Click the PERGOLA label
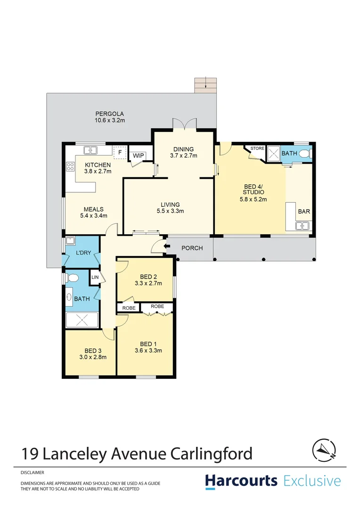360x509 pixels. [x=109, y=114]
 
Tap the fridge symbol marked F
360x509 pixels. [x=120, y=152]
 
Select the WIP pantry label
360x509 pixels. [x=138, y=156]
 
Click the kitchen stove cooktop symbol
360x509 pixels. [x=71, y=166]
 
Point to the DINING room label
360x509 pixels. [x=183, y=149]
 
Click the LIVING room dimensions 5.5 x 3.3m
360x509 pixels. [x=170, y=211]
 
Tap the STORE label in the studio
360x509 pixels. [x=257, y=148]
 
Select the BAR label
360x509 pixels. [x=304, y=212]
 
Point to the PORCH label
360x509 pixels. [x=192, y=248]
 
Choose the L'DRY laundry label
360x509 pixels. [x=83, y=253]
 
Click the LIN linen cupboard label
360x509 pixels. [x=94, y=277]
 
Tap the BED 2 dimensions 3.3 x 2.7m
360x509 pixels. [x=148, y=284]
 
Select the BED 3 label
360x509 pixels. [x=93, y=350]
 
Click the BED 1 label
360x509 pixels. [x=148, y=344]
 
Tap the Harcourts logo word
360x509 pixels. [x=241, y=481]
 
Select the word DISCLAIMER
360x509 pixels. [x=33, y=472]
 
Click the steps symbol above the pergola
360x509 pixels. [x=206, y=85]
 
